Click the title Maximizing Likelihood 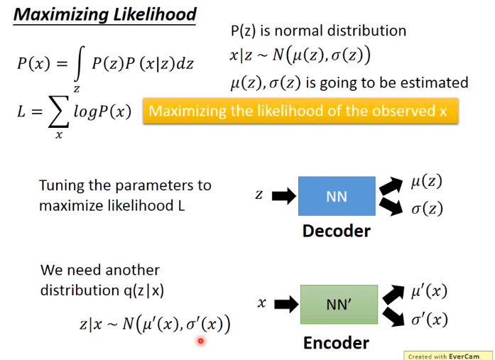click(x=105, y=15)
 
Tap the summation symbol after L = click(x=58, y=111)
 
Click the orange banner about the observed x click(x=300, y=111)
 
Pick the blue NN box click(x=337, y=196)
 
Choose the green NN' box click(x=339, y=305)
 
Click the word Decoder click(x=337, y=231)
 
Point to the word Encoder click(x=336, y=343)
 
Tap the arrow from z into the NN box click(x=284, y=195)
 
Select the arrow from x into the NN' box click(x=286, y=304)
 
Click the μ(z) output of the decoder click(x=426, y=182)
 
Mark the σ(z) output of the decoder click(x=427, y=209)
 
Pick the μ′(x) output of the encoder click(x=429, y=291)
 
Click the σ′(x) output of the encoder click(x=430, y=320)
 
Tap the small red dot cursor click(x=200, y=341)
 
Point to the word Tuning click(x=61, y=186)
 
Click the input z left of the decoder click(x=259, y=195)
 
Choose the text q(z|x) click(x=143, y=290)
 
